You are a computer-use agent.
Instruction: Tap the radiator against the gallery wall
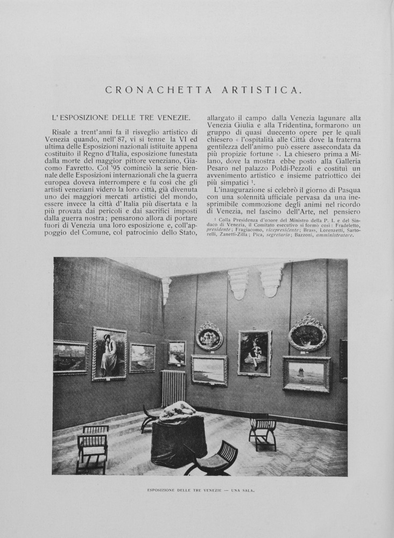click(173, 388)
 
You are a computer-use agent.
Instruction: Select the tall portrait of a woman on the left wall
click(109, 353)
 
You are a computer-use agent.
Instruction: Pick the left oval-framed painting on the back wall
click(209, 336)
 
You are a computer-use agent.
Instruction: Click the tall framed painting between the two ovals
click(255, 353)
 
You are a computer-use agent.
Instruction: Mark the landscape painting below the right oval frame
click(306, 373)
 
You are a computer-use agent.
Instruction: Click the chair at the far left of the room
click(93, 446)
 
